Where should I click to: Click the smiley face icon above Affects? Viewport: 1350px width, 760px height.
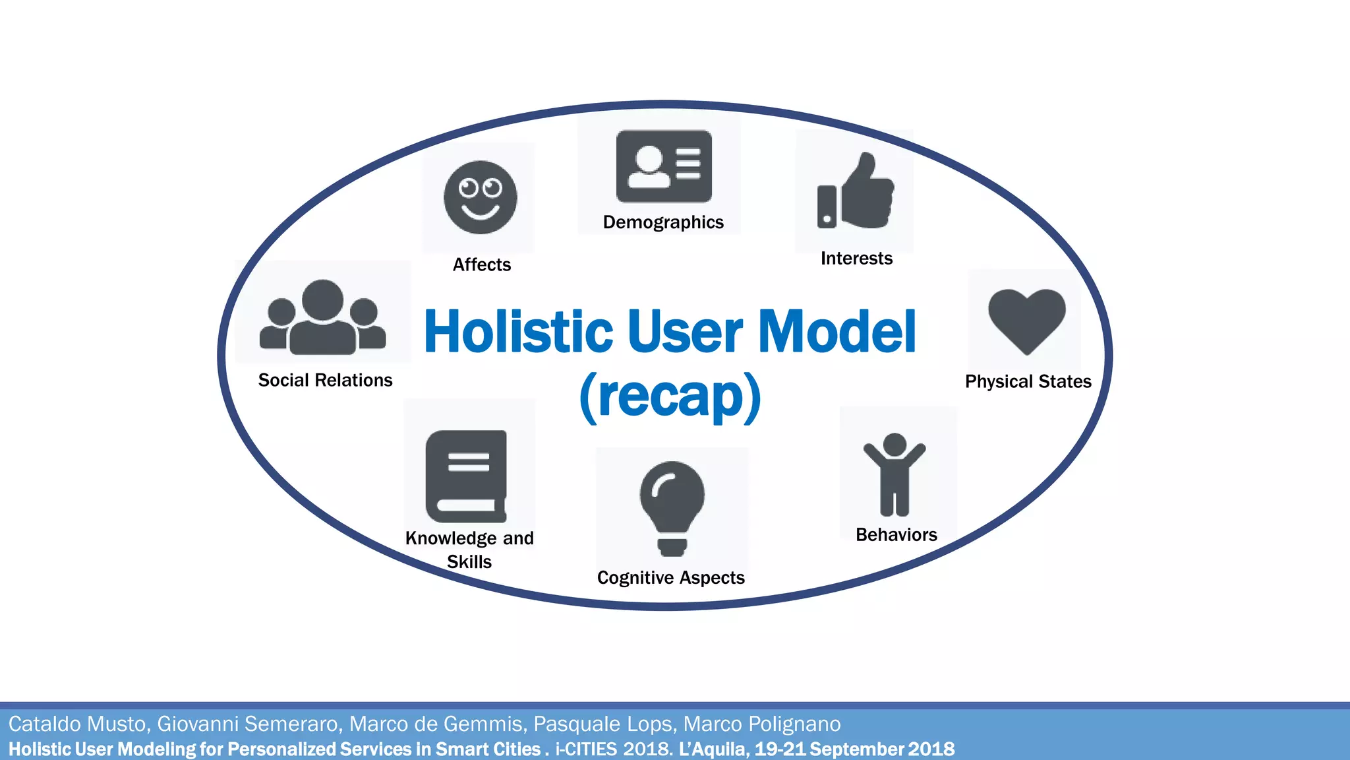480,197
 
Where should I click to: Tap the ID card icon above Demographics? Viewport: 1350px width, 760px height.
664,166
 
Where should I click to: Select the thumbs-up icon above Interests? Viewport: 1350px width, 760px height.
856,192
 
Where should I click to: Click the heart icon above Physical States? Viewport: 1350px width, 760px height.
1026,319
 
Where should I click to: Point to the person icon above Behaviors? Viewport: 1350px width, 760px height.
895,474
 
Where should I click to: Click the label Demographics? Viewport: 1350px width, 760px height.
663,222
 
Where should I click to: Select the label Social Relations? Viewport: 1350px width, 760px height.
325,380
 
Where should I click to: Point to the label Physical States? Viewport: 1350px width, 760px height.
1028,381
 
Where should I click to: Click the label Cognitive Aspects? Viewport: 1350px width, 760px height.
670,578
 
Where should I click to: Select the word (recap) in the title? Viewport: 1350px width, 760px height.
670,396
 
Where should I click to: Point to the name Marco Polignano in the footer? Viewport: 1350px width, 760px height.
761,724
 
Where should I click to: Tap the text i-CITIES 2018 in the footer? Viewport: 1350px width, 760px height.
611,749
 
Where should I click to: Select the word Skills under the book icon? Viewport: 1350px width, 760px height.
469,562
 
